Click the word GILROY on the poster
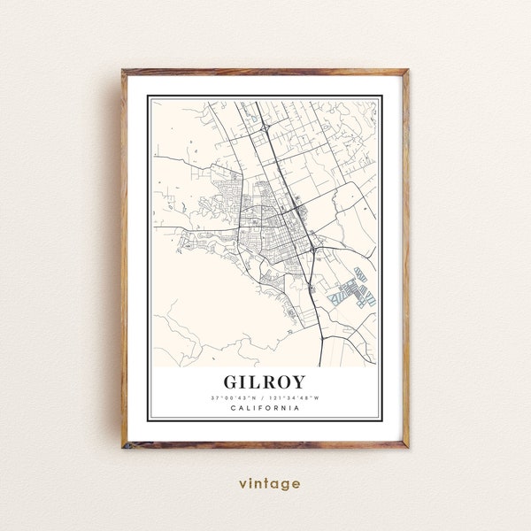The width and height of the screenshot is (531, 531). tap(265, 382)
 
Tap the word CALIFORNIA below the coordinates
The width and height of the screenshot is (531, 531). tap(265, 408)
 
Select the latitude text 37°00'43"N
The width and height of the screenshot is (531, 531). tap(235, 397)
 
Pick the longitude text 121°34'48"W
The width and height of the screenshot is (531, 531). tap(297, 397)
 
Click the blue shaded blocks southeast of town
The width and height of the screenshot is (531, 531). tap(353, 288)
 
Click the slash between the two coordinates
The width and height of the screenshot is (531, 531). tap(265, 397)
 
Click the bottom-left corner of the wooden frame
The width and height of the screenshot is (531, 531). tap(124, 448)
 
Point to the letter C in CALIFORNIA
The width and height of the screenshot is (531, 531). tap(232, 408)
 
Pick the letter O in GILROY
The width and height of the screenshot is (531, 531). tap(288, 382)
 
